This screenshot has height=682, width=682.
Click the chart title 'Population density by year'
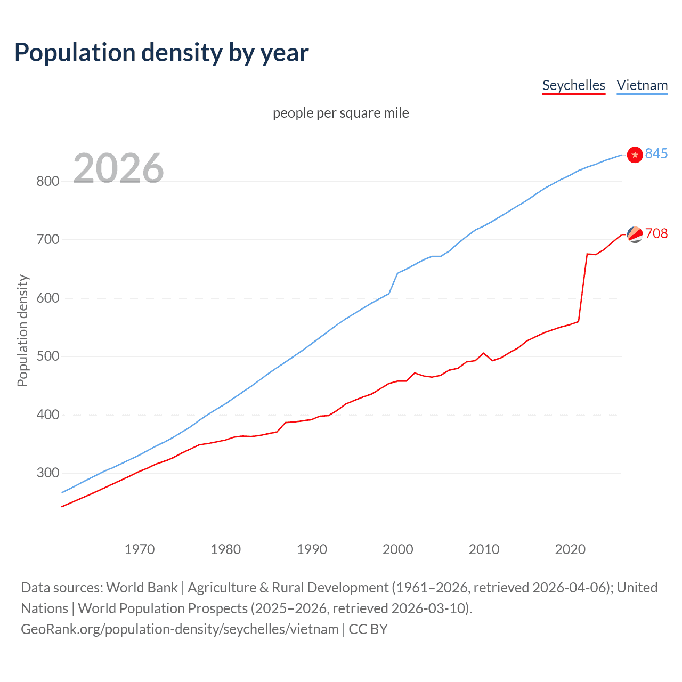click(161, 53)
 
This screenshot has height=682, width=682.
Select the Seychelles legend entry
click(573, 86)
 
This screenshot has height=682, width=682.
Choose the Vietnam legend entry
click(642, 86)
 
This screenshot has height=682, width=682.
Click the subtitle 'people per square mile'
click(340, 113)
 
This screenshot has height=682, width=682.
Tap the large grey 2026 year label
click(118, 168)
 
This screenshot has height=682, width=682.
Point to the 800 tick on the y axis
click(47, 182)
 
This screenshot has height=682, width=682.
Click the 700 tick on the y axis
click(47, 240)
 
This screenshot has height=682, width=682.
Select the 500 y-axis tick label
click(47, 356)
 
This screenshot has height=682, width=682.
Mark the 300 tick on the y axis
click(47, 473)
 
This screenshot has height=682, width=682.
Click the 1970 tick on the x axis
click(140, 549)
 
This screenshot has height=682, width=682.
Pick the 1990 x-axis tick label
click(312, 549)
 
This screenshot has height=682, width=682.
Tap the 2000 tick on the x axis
click(398, 549)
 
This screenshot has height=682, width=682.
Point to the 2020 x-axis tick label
click(570, 549)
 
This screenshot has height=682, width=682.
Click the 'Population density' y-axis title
click(22, 330)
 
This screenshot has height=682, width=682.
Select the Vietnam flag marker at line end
click(635, 155)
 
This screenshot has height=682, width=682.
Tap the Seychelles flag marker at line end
click(635, 234)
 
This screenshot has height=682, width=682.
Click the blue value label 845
click(656, 154)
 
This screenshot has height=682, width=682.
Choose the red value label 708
click(656, 234)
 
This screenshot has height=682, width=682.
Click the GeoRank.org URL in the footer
click(180, 629)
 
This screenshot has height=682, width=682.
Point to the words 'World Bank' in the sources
click(142, 588)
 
